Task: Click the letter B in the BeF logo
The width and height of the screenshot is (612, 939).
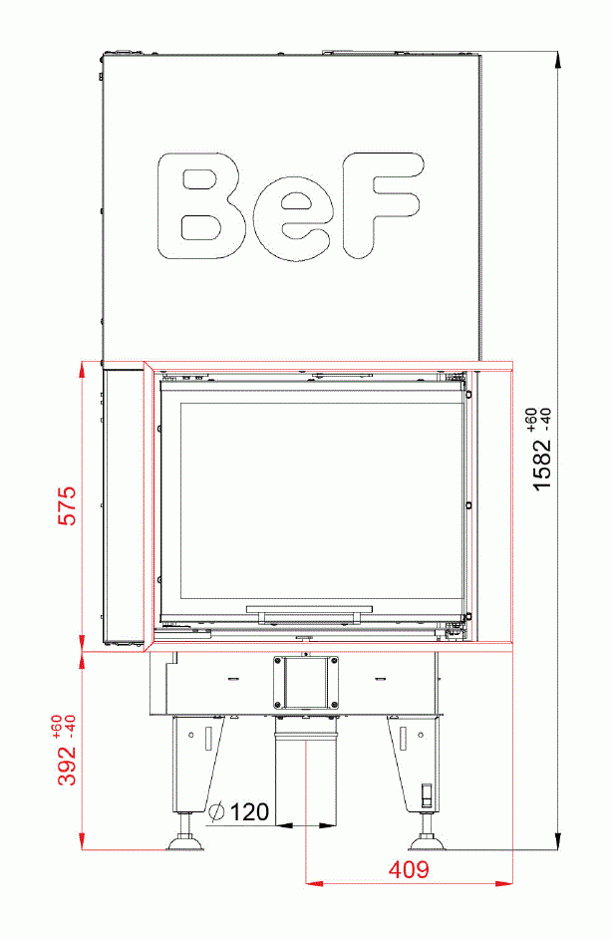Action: click(203, 207)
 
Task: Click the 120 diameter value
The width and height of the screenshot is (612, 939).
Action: click(249, 812)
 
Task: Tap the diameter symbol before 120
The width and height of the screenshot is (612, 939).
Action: click(218, 812)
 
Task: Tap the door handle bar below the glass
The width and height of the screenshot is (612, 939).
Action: click(311, 607)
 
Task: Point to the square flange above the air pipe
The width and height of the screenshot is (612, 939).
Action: click(306, 683)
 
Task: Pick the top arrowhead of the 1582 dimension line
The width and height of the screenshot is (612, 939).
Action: click(556, 57)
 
